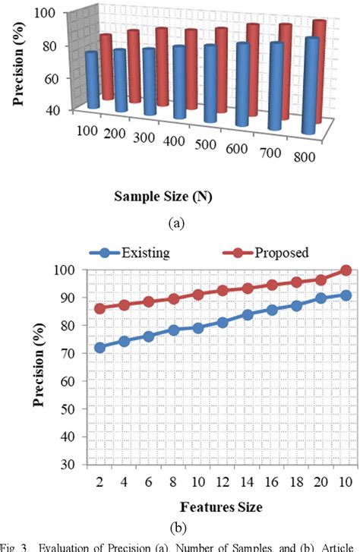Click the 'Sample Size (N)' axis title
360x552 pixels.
pyautogui.click(x=164, y=196)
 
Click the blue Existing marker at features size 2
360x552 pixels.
pyautogui.click(x=99, y=347)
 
